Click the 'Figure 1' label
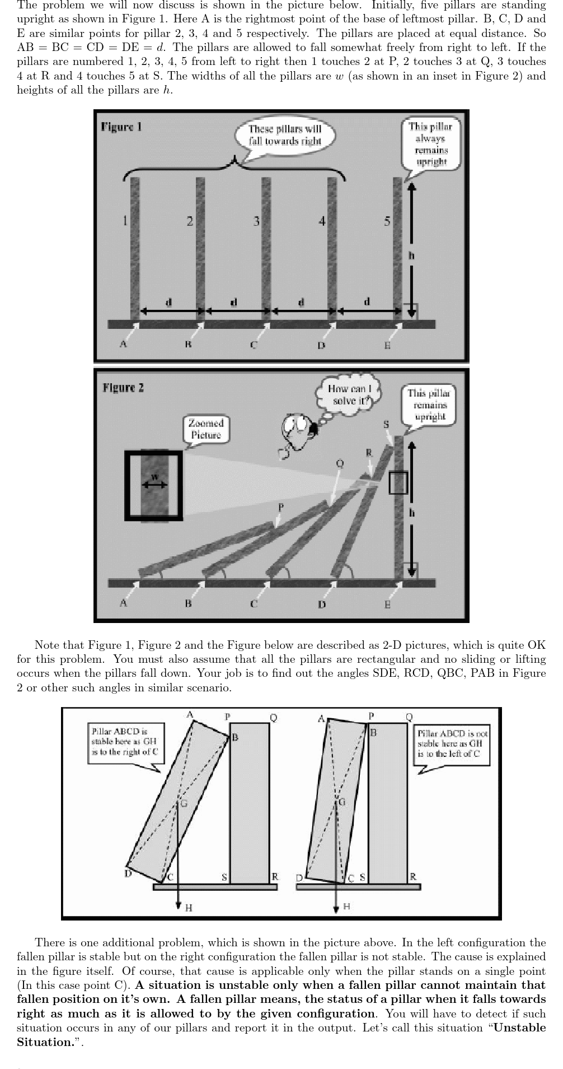pyautogui.click(x=121, y=127)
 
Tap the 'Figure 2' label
pyautogui.click(x=123, y=388)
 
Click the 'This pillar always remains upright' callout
pyautogui.click(x=430, y=144)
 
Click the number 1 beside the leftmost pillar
pyautogui.click(x=125, y=221)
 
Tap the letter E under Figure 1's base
pyautogui.click(x=387, y=345)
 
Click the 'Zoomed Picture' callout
pyautogui.click(x=206, y=429)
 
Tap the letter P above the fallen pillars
pyautogui.click(x=281, y=507)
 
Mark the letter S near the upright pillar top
pyautogui.click(x=386, y=424)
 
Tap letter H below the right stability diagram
pyautogui.click(x=347, y=906)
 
